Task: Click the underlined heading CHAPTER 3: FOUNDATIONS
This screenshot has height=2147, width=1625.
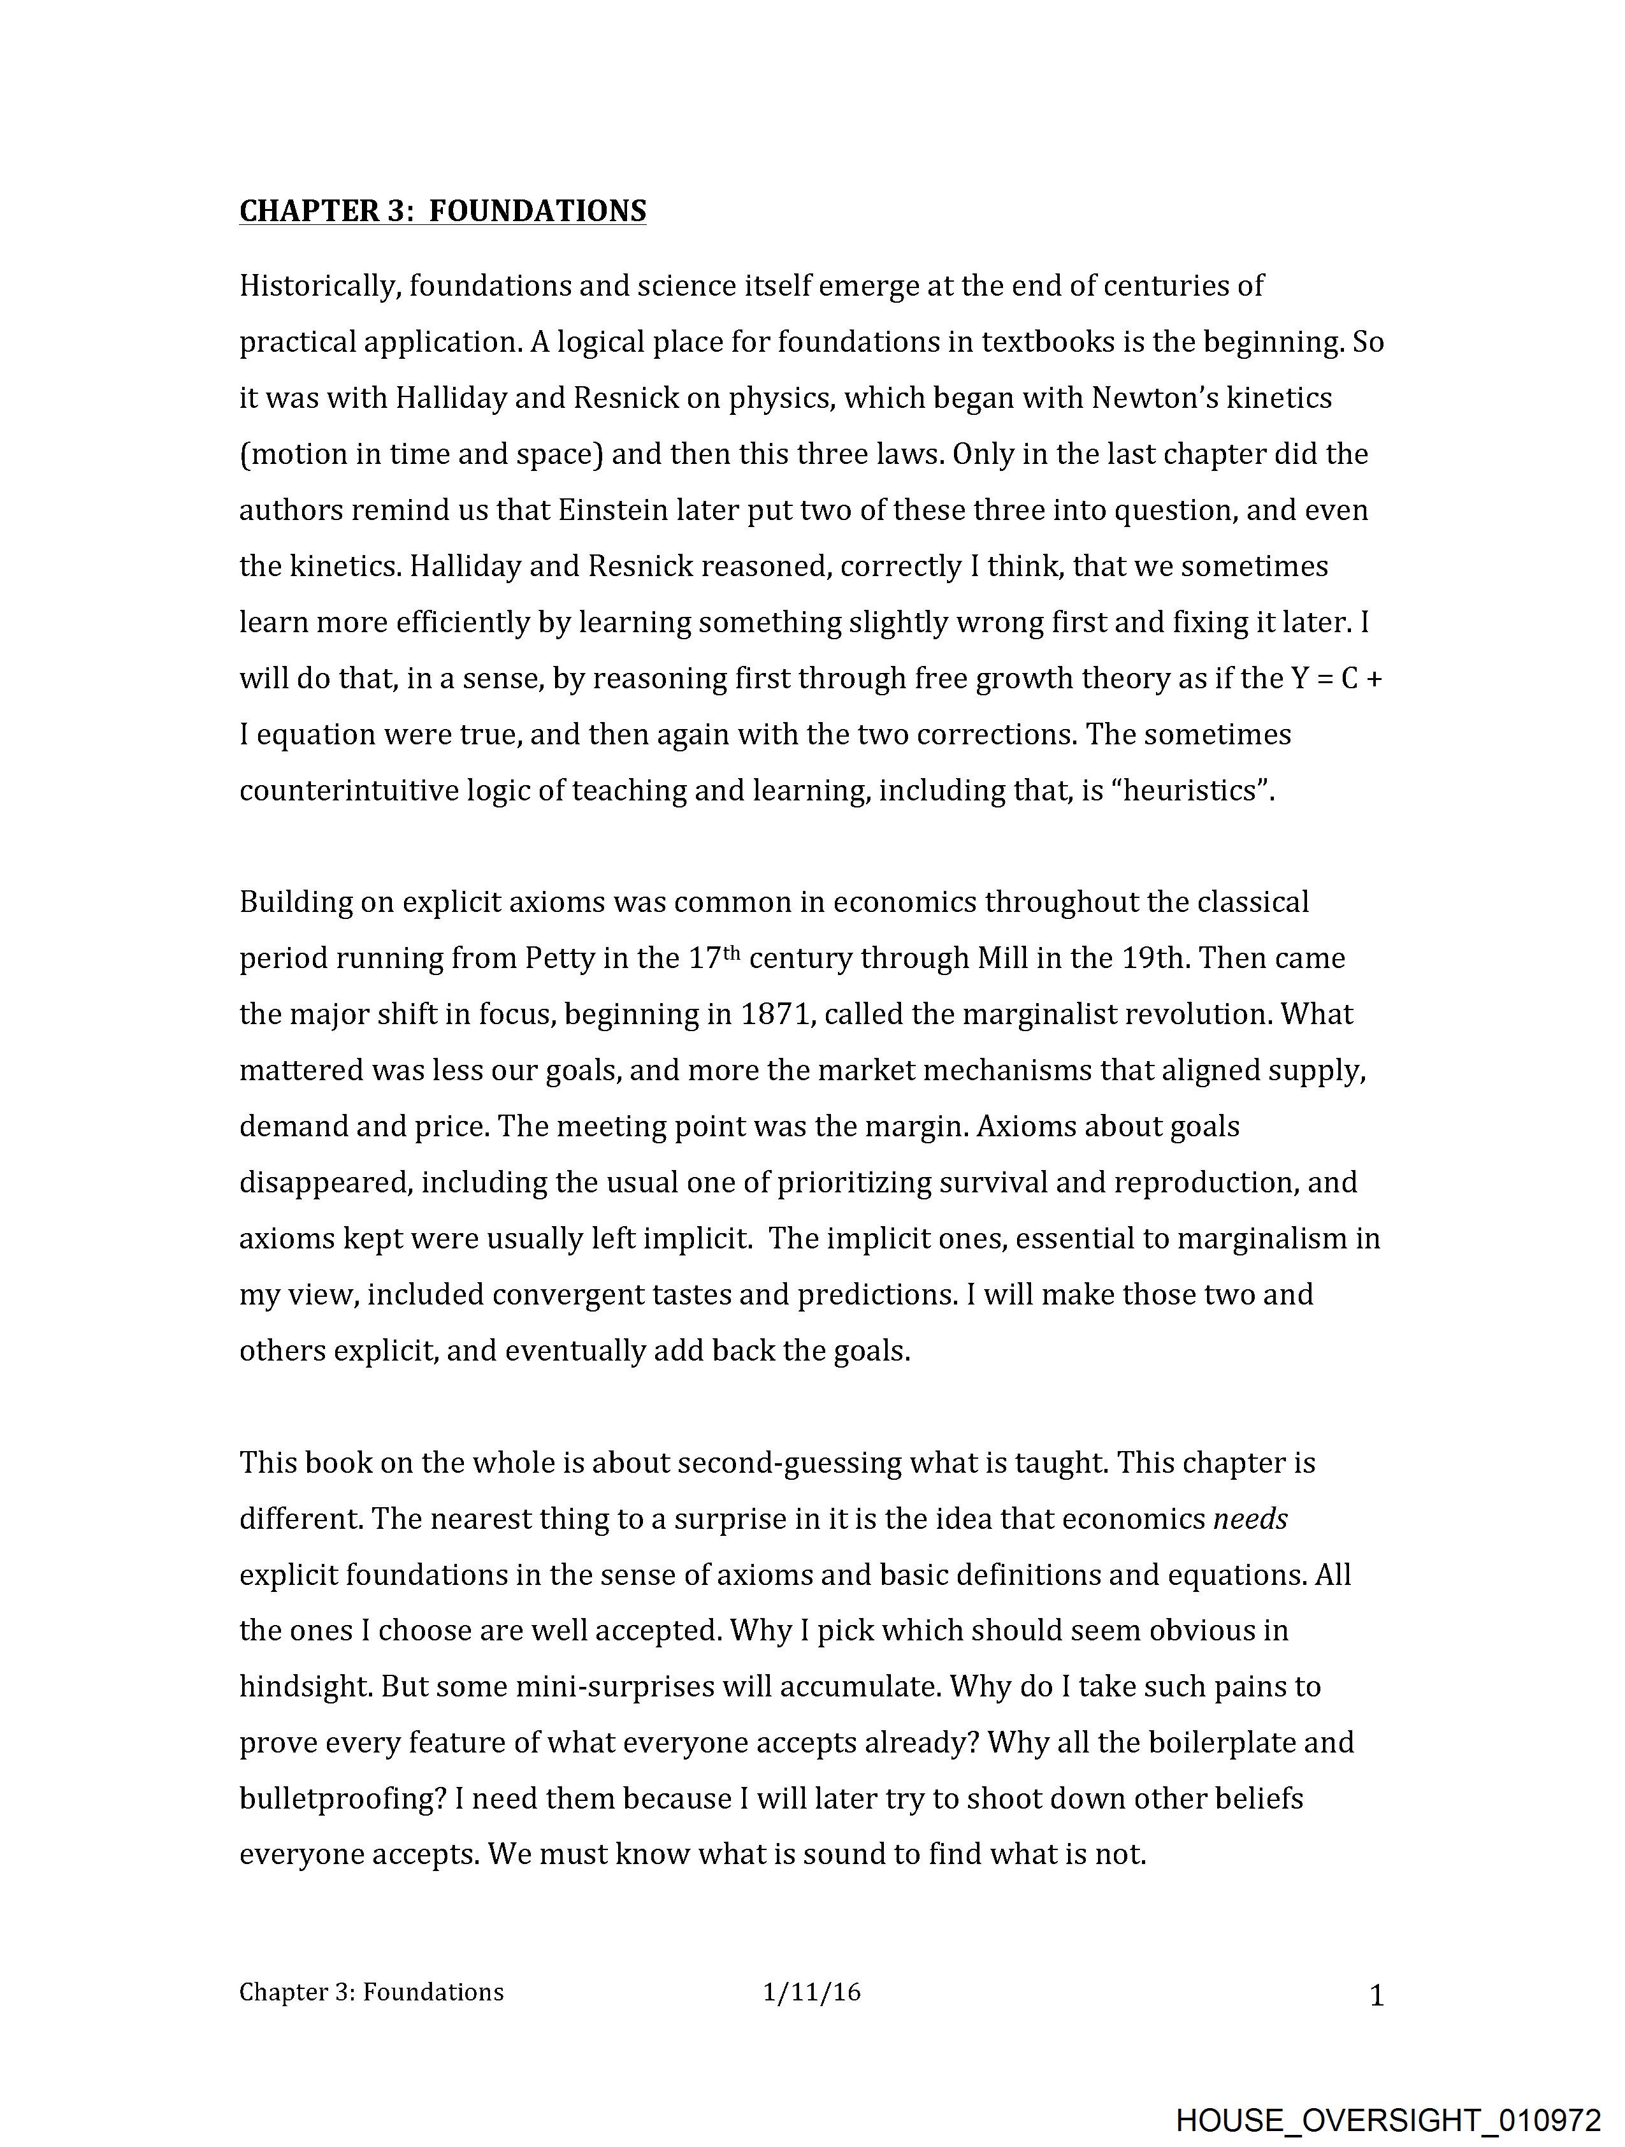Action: click(443, 211)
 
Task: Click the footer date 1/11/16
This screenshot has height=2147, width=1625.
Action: click(811, 1993)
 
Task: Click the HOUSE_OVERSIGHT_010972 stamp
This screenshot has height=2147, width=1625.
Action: click(1387, 2119)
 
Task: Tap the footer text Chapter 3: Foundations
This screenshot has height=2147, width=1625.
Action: click(372, 1993)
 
